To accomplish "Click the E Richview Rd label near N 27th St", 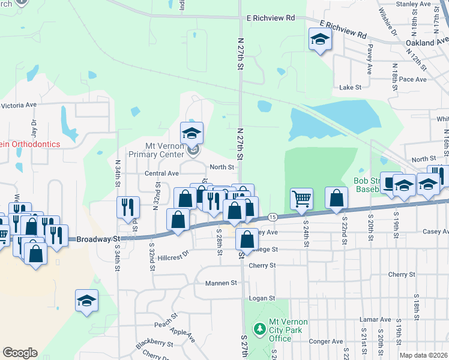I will [x=271, y=19].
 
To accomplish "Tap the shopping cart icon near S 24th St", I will [x=301, y=199].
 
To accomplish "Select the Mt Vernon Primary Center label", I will [x=163, y=150].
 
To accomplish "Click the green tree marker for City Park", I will [x=259, y=329].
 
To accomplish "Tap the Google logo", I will [x=20, y=353].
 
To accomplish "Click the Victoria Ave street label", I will [x=19, y=105].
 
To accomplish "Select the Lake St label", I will [x=350, y=88].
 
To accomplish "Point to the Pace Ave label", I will [x=412, y=79].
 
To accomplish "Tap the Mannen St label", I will [x=221, y=283].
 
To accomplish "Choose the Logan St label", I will [x=262, y=298].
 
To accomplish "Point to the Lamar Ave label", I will [x=375, y=320].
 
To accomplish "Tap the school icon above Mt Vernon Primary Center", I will [x=192, y=133].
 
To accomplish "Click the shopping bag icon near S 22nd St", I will [x=337, y=199].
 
